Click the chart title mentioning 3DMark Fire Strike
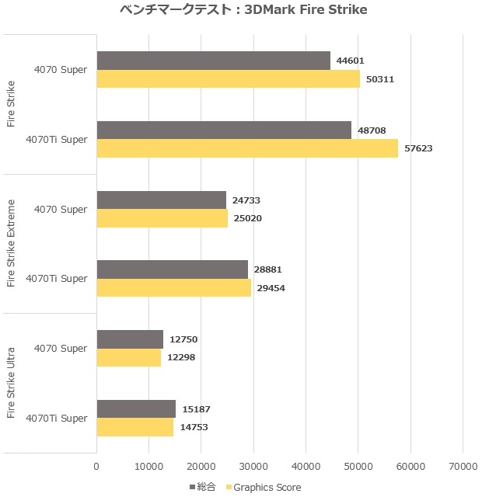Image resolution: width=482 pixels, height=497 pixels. [243, 11]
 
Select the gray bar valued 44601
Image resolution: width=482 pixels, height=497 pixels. [213, 61]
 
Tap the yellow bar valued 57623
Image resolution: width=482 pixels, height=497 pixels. [246, 148]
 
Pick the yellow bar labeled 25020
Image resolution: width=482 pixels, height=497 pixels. [162, 218]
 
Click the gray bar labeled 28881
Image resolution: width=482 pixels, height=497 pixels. [172, 269]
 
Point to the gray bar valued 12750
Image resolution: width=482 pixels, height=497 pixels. [130, 339]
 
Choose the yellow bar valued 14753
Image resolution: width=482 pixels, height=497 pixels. [134, 427]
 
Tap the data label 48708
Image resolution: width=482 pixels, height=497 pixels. [372, 130]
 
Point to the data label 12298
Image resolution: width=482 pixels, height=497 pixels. [182, 358]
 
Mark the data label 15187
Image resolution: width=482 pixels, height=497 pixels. [195, 409]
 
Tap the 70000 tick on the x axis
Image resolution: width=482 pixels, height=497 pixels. [462, 466]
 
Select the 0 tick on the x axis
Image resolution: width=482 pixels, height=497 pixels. [96, 466]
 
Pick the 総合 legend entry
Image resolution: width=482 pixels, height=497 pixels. [202, 487]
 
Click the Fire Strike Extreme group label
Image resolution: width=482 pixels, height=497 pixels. [11, 243]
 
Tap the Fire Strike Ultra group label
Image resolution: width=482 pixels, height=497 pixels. [11, 382]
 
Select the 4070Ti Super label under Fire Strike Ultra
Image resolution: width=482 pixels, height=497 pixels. [56, 419]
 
